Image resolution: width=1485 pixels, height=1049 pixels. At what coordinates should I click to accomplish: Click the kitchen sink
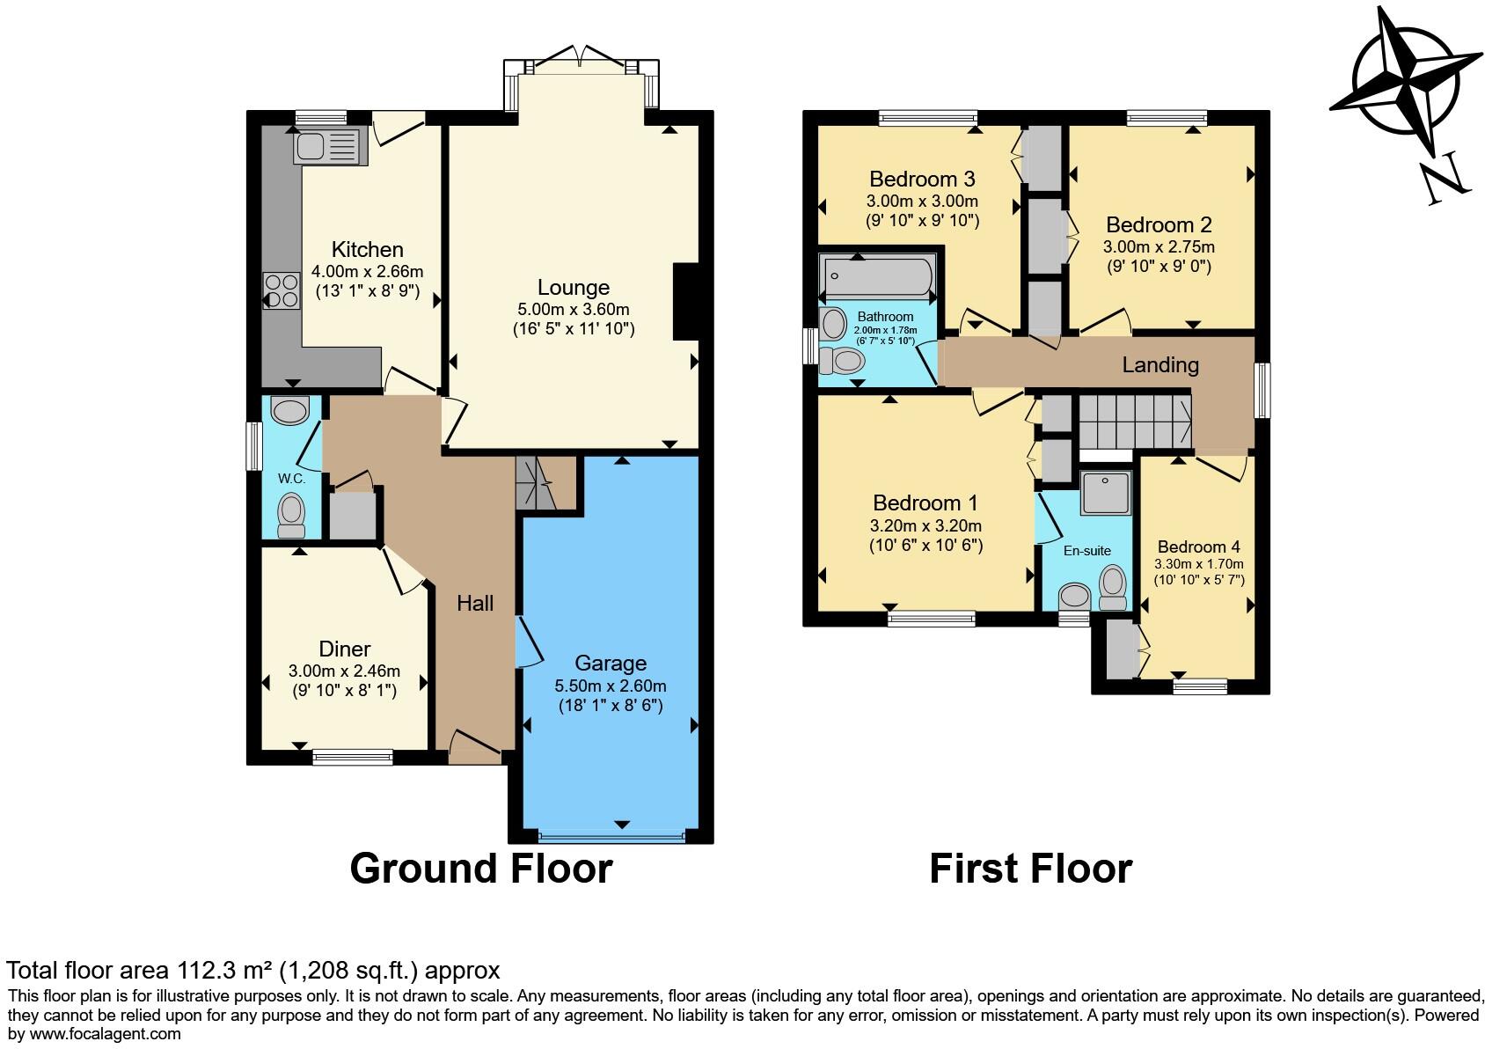(x=326, y=147)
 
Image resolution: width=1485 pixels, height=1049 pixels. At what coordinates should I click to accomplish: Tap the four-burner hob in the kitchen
(x=282, y=291)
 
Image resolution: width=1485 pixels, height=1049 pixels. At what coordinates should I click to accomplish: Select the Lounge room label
(x=574, y=287)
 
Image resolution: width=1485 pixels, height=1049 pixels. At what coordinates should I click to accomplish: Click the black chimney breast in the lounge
(x=687, y=302)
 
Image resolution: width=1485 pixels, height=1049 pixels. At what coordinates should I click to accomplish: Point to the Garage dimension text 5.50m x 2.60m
(x=611, y=686)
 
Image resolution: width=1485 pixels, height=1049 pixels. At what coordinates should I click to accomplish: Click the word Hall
(x=475, y=604)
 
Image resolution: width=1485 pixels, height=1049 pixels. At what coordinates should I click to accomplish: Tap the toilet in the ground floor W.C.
(x=291, y=515)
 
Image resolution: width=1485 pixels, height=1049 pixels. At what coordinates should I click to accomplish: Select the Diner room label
(x=345, y=649)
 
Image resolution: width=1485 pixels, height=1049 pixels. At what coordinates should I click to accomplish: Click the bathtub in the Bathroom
(x=878, y=276)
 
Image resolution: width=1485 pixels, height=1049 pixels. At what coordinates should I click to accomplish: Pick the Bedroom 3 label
(x=922, y=179)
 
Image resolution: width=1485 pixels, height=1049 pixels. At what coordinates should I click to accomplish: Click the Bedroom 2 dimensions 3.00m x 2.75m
(x=1159, y=247)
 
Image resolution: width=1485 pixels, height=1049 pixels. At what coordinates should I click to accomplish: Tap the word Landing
(x=1160, y=364)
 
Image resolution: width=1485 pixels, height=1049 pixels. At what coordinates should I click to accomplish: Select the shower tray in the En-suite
(x=1105, y=493)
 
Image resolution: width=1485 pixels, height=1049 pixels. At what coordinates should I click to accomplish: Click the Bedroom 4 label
(x=1198, y=547)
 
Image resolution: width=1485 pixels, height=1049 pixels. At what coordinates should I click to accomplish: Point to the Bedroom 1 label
(x=925, y=503)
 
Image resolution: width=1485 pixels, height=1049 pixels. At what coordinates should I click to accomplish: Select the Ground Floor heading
(x=481, y=869)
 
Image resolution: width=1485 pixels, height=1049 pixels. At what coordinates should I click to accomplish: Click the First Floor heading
(x=1031, y=869)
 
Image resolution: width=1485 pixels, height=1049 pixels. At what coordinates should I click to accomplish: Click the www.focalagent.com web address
(x=105, y=1034)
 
